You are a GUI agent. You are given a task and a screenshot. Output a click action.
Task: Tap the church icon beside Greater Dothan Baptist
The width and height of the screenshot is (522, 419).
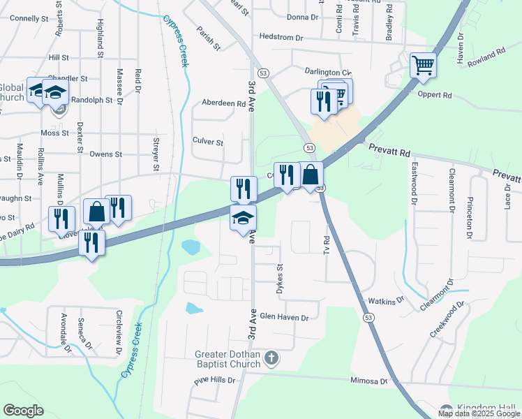[272, 359]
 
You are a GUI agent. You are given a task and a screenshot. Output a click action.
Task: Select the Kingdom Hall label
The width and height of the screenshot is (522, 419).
[488, 408]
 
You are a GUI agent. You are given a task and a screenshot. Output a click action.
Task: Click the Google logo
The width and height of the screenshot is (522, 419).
[23, 411]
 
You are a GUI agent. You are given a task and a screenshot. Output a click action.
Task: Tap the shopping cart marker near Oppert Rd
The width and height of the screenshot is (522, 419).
[423, 66]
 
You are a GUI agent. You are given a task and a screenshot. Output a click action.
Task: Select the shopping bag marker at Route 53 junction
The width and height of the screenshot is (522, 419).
[311, 175]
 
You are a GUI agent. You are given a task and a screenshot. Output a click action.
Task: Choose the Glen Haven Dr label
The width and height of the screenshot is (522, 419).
[283, 317]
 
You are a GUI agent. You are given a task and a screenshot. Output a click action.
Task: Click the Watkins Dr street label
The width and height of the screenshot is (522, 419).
[386, 301]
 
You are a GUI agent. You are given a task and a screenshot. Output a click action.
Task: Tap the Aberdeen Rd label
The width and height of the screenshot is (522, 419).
[223, 103]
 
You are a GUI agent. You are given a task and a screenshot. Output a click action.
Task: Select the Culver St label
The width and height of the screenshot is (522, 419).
[207, 142]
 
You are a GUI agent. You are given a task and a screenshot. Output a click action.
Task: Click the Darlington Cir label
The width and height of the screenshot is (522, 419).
[327, 72]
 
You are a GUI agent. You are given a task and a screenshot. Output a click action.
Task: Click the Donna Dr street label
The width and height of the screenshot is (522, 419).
[302, 16]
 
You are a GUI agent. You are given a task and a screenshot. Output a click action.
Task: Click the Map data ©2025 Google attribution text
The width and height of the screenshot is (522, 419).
[479, 414]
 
